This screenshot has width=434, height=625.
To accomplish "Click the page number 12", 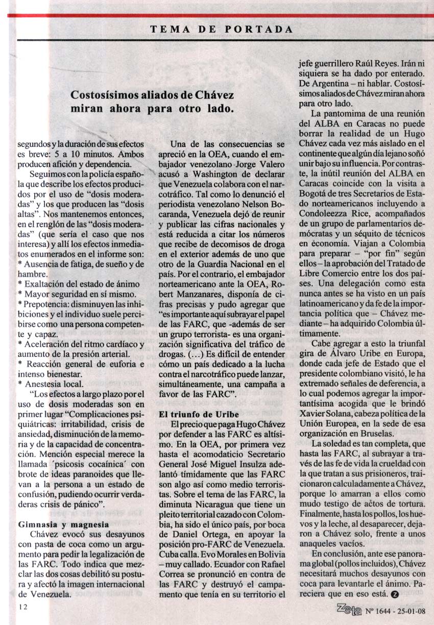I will [x=21, y=607].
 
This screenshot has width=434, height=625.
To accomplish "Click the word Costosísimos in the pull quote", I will [x=105, y=95].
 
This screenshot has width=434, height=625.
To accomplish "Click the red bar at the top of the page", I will [x=217, y=15].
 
